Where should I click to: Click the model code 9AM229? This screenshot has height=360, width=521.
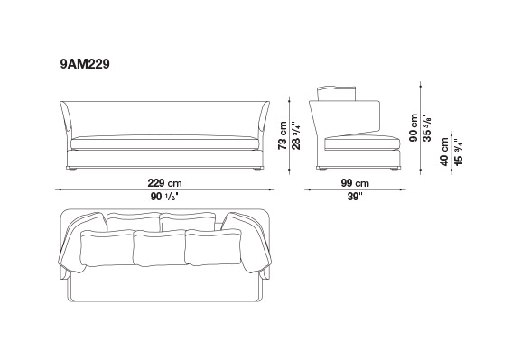tap(85, 64)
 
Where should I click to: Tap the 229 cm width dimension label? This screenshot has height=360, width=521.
tap(165, 183)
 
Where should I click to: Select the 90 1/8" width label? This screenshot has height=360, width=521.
tap(165, 197)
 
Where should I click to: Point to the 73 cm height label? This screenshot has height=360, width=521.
tap(283, 135)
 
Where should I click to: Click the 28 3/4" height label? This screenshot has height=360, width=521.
tap(296, 135)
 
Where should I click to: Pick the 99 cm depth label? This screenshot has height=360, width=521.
tap(355, 183)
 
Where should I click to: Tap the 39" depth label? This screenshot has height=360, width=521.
tap(355, 197)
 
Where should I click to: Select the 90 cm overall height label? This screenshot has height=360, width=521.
tap(414, 128)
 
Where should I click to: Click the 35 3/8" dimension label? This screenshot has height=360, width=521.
tap(427, 128)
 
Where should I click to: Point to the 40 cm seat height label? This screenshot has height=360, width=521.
tap(444, 152)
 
